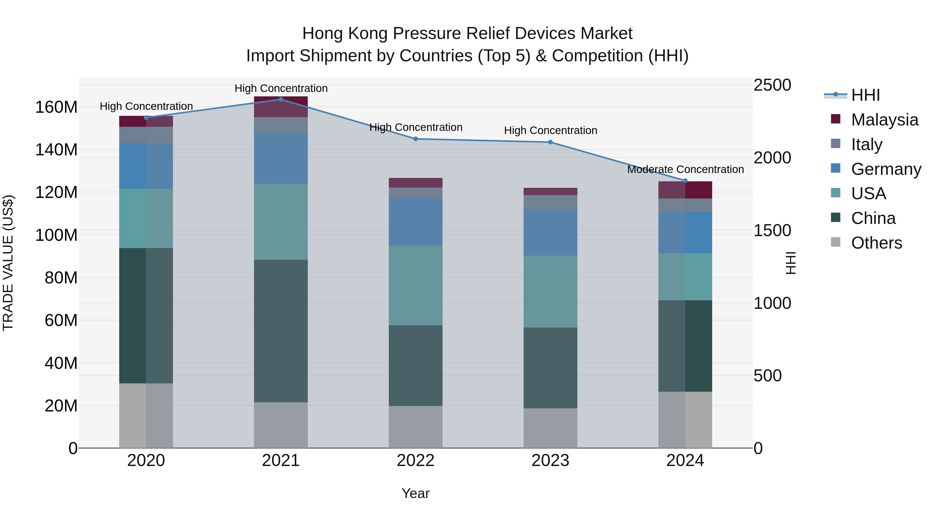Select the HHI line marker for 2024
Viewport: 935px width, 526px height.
(x=685, y=181)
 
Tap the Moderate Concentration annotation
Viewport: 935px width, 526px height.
(x=685, y=170)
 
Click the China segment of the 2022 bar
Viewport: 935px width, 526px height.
(x=416, y=365)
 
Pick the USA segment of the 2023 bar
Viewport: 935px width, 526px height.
(x=550, y=291)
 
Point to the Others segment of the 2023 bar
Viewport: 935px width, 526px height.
(x=550, y=428)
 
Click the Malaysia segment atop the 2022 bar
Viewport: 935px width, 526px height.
(x=416, y=183)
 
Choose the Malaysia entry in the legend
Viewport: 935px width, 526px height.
(x=885, y=120)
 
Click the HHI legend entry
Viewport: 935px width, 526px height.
(x=865, y=95)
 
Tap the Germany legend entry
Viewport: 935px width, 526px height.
(x=886, y=169)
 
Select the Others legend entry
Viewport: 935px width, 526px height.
(x=876, y=243)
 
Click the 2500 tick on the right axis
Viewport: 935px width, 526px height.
(x=772, y=85)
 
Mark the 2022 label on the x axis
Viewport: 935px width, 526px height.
(x=416, y=461)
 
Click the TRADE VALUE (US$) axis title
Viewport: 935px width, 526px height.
(x=8, y=263)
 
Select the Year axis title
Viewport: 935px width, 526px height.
(x=416, y=493)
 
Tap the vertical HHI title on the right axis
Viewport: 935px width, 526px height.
(x=790, y=263)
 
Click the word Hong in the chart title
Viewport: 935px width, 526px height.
(x=323, y=34)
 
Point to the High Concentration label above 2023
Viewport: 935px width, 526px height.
(x=550, y=130)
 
